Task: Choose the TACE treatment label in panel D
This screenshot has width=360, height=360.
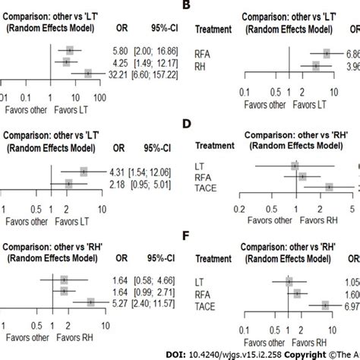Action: tap(209, 187)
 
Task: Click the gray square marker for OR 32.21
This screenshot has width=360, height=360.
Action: tap(88, 74)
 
